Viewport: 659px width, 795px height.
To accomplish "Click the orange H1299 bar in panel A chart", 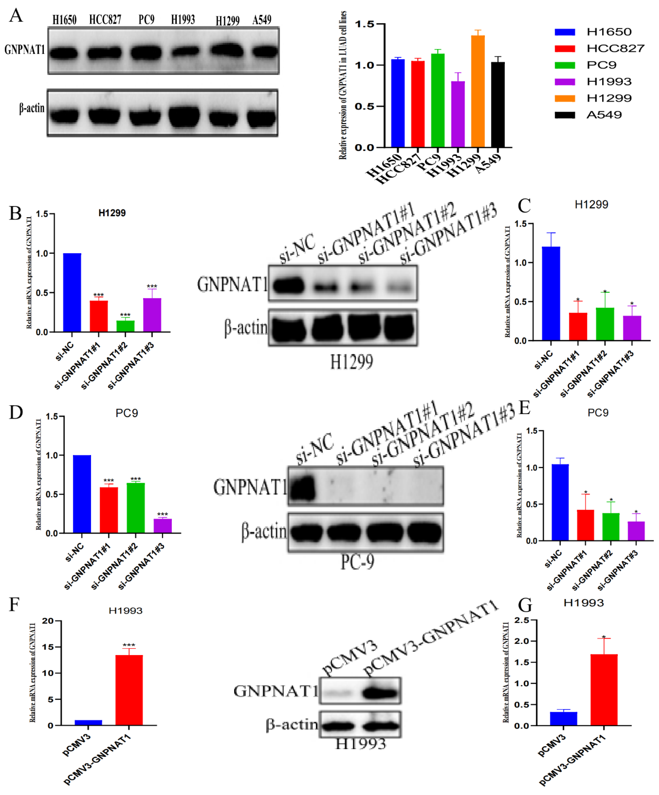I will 477,91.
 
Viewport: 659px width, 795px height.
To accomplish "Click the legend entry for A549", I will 604,115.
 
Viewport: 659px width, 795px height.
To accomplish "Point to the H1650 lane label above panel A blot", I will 64,20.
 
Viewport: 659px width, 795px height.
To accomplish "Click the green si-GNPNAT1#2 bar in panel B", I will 125,326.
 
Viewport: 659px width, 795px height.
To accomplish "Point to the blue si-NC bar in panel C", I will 551,293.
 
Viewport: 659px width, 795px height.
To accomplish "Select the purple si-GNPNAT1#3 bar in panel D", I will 163,526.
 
